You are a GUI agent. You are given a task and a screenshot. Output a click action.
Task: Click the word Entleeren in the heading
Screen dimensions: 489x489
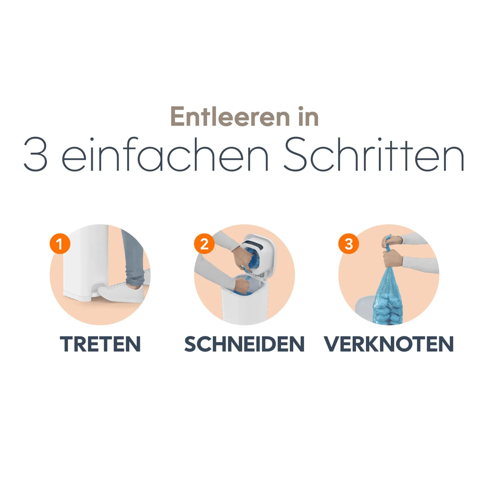[x=230, y=117]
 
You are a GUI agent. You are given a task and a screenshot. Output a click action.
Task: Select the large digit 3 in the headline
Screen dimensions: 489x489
[x=36, y=154]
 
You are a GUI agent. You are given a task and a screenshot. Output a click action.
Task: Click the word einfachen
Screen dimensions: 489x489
[x=165, y=154]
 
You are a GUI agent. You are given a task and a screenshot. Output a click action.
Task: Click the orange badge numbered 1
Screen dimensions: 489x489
[x=60, y=244]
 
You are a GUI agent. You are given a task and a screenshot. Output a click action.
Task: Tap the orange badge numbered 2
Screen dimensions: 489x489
[x=204, y=244]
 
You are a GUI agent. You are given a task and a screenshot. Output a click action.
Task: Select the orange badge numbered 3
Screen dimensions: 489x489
[x=349, y=244]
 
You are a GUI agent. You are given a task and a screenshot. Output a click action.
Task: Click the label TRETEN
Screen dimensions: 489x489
[x=100, y=344]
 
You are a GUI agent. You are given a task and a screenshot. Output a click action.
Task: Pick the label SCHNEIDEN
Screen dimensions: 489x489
[x=244, y=344]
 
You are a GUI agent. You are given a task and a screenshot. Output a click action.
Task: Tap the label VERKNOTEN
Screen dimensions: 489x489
[x=389, y=344]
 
